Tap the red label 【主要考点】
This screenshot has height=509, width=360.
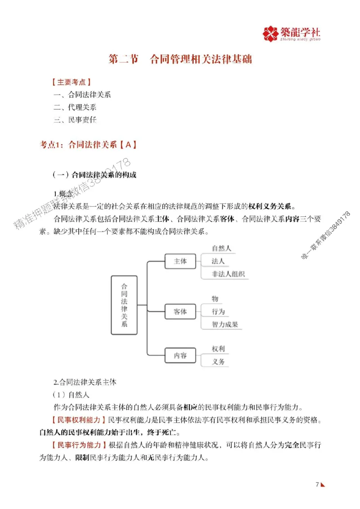point(72,83)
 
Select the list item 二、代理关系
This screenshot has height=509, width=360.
point(75,107)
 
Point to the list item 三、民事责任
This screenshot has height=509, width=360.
point(75,120)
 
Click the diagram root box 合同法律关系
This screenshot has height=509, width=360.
point(124,305)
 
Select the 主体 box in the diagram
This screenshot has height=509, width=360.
point(180,261)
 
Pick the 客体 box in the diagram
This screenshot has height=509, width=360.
point(180,311)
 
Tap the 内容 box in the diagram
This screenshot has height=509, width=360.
point(180,355)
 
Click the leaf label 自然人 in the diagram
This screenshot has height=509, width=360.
point(221,248)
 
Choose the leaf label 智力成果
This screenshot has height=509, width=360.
point(225,324)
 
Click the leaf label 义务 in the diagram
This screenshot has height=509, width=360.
point(218,362)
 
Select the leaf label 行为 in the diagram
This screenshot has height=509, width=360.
point(218,312)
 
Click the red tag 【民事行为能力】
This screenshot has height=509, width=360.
point(79,446)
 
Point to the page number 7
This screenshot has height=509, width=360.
point(317,484)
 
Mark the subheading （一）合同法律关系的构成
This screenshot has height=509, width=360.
point(94,175)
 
